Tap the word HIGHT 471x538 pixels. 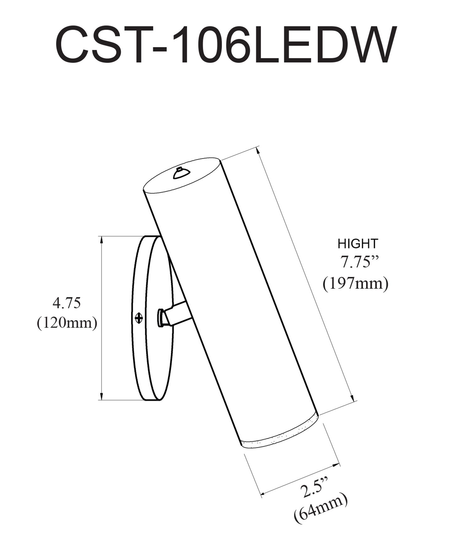point(358,244)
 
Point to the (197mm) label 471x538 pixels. point(356,283)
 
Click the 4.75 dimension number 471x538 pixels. point(67,303)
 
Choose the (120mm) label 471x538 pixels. point(67,323)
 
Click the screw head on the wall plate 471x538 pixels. point(138,318)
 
